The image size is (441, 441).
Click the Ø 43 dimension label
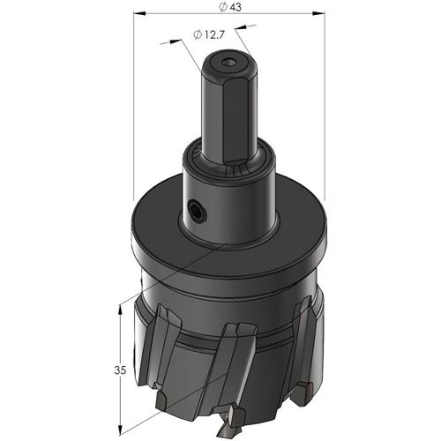pos(230,7)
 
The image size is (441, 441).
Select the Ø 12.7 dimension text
pos(209,34)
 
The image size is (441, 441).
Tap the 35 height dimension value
pos(120,370)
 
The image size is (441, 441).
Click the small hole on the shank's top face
pos(228,63)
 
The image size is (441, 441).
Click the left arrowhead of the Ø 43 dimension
pos(139,13)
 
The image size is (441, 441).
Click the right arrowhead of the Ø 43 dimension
pos(318,13)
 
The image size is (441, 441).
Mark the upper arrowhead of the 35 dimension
pos(120,310)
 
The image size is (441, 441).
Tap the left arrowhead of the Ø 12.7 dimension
pos(174,41)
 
